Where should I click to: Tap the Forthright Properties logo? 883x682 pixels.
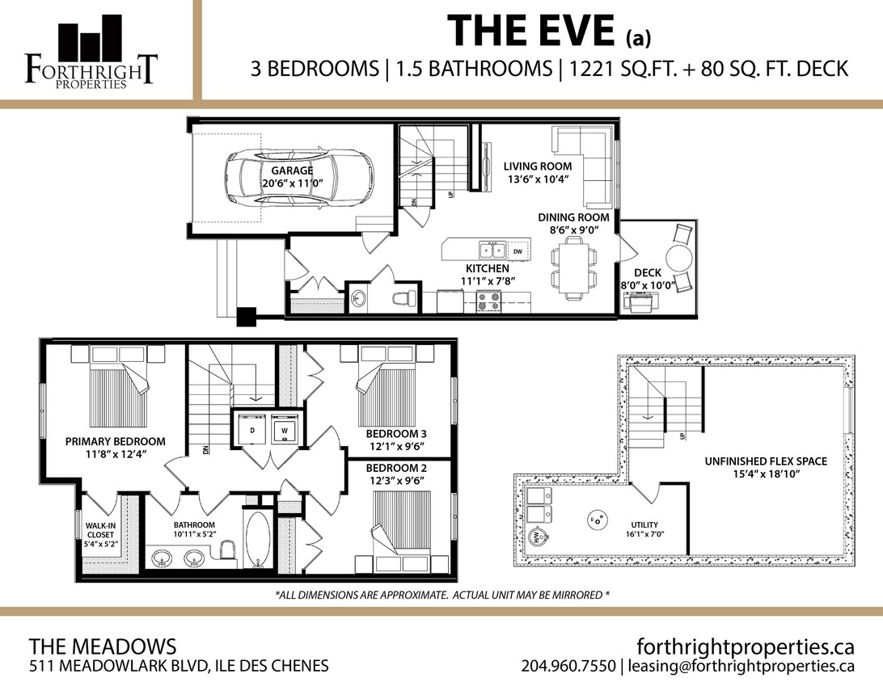coord(91,51)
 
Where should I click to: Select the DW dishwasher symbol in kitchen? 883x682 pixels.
coord(518,251)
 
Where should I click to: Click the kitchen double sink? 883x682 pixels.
coord(491,250)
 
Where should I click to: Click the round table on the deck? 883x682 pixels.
coord(678,260)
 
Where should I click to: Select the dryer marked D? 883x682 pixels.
coord(252,430)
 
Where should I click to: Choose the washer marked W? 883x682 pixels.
coord(284,430)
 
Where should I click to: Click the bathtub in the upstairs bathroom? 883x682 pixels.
coord(256,541)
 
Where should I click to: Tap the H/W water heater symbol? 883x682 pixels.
coord(535,536)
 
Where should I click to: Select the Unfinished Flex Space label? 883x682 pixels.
coord(764,461)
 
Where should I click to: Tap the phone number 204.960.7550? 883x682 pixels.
coord(568,667)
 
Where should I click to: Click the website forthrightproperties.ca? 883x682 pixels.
coord(746,646)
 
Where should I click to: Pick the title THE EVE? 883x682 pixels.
coord(533,32)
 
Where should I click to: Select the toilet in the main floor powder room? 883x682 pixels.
coord(404,298)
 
